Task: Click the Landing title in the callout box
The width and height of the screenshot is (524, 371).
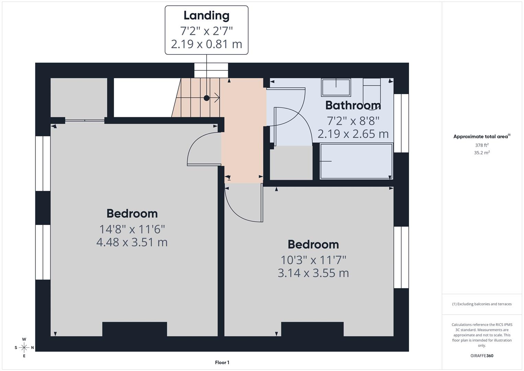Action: (206, 15)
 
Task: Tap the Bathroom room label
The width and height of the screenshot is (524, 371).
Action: (353, 105)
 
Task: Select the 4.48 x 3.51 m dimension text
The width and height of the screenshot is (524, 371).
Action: (132, 242)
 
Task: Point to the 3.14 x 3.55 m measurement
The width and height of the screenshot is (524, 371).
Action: (313, 273)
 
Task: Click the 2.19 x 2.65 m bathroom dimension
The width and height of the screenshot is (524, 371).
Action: (353, 134)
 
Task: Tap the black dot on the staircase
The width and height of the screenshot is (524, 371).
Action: (207, 98)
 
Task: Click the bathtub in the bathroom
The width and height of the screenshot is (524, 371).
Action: (356, 161)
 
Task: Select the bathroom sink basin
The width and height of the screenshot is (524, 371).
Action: (336, 87)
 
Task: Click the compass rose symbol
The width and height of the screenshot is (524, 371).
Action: (24, 347)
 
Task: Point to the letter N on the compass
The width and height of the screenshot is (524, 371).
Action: (33, 348)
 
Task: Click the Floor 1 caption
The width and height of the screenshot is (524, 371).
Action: (222, 362)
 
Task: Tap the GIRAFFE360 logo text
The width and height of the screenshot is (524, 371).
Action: (482, 356)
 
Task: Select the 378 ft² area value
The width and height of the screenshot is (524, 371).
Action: (482, 145)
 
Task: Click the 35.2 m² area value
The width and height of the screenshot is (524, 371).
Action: (482, 153)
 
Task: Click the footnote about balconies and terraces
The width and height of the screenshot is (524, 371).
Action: (482, 304)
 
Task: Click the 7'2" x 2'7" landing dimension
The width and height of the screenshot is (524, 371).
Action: (206, 31)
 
